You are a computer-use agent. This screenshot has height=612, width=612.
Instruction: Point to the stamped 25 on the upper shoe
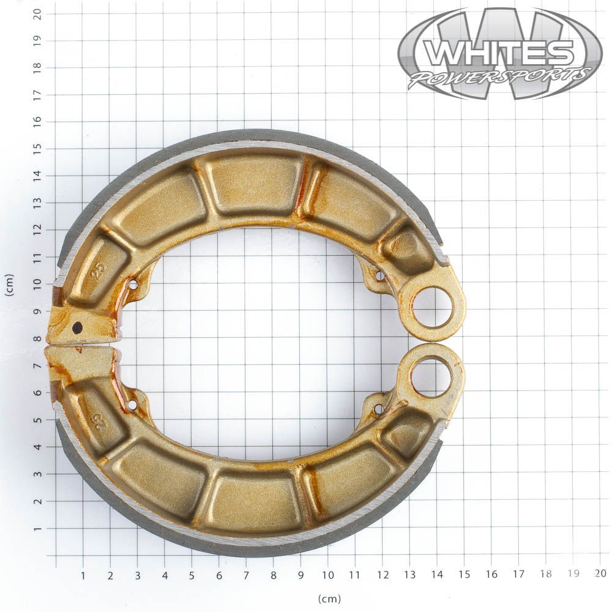coord(99,269)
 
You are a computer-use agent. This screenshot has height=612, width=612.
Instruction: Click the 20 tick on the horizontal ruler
coord(600,573)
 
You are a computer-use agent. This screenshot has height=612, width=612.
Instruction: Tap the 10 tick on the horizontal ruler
coord(328,575)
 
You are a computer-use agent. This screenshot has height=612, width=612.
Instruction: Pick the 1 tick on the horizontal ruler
coord(83,575)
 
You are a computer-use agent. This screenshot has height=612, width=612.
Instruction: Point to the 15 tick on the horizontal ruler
coord(464,574)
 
